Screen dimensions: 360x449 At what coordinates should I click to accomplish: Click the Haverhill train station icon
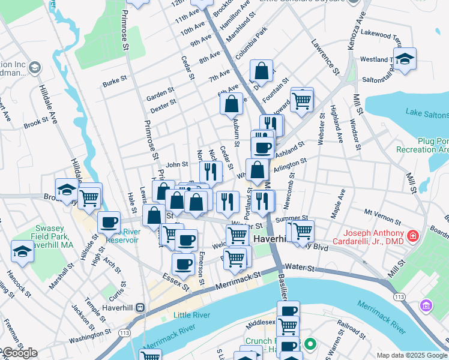pos(140,307)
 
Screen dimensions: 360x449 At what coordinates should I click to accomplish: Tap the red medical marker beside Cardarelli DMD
pos(412,236)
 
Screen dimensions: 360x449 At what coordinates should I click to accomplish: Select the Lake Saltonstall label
pos(426,112)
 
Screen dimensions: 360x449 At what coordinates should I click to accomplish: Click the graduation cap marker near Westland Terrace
pos(405,59)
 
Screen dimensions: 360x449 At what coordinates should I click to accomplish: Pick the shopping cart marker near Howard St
pos(302,99)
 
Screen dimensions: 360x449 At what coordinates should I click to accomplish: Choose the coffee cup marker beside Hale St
pos(109,222)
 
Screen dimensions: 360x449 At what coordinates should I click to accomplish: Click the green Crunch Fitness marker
pos(310,344)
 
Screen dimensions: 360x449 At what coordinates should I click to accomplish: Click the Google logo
pos(19,353)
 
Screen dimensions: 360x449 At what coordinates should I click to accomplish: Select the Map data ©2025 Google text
pos(411,355)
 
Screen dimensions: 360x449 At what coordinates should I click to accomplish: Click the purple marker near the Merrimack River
pos(426,306)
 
